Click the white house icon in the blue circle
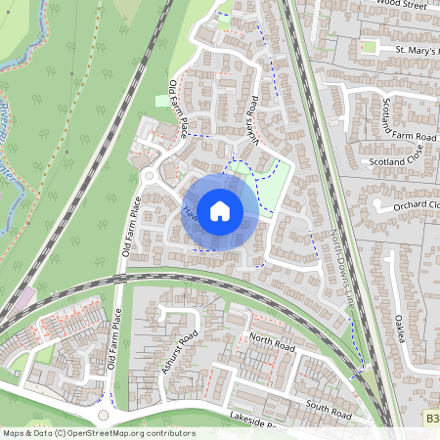220,209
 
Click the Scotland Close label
395,160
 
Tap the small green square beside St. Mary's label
370,46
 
